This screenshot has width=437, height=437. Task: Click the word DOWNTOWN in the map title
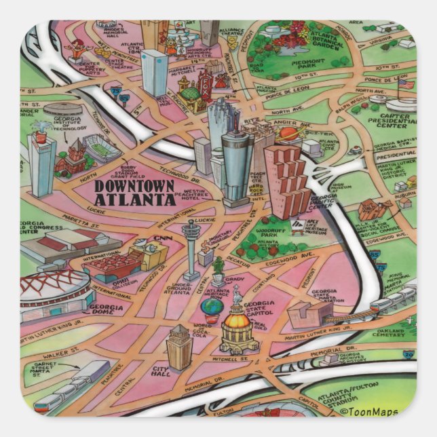pos(134,186)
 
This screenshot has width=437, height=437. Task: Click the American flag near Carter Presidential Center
pos(406,85)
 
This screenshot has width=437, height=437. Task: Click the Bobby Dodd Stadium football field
pos(101,147)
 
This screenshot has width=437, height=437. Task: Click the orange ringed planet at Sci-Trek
pos(288,134)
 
